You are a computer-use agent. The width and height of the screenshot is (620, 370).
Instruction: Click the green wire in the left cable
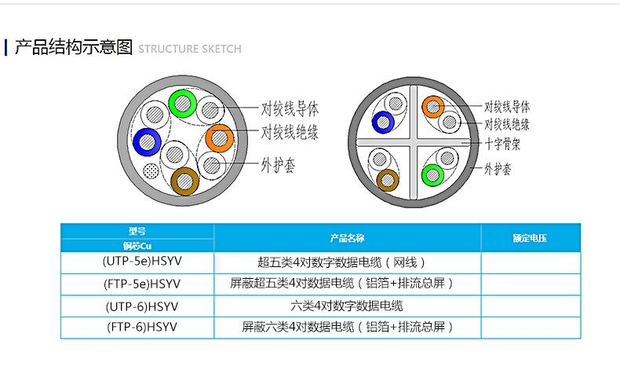point(183,104)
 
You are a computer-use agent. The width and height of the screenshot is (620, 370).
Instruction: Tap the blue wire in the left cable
point(147,141)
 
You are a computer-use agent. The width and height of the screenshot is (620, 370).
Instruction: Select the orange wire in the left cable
point(220,138)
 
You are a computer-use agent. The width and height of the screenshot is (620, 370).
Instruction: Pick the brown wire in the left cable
point(184,181)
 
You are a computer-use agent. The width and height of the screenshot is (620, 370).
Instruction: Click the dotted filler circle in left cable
point(151,172)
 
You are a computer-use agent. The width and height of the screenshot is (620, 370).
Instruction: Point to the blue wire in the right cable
point(383,123)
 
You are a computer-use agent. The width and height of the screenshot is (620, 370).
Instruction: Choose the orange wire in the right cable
point(433,107)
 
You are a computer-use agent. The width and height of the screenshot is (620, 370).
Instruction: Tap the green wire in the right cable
point(432,175)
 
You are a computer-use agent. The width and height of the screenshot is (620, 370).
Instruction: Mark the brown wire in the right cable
point(388,181)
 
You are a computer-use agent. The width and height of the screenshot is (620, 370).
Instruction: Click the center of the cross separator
point(414,142)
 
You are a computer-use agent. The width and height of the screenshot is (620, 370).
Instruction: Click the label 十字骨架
point(502,144)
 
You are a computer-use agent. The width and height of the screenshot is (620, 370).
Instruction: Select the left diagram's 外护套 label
point(278,165)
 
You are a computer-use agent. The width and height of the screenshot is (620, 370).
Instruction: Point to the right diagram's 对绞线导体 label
point(507,107)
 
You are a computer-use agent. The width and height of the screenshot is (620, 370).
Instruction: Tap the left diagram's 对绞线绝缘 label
point(290,132)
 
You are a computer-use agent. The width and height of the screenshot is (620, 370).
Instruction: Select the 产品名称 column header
point(347,238)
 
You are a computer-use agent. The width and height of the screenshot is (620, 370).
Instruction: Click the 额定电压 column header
point(530,238)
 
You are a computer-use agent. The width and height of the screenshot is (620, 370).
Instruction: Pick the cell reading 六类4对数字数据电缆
point(347,306)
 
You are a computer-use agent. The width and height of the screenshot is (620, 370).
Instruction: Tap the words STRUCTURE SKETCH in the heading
point(190,49)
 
